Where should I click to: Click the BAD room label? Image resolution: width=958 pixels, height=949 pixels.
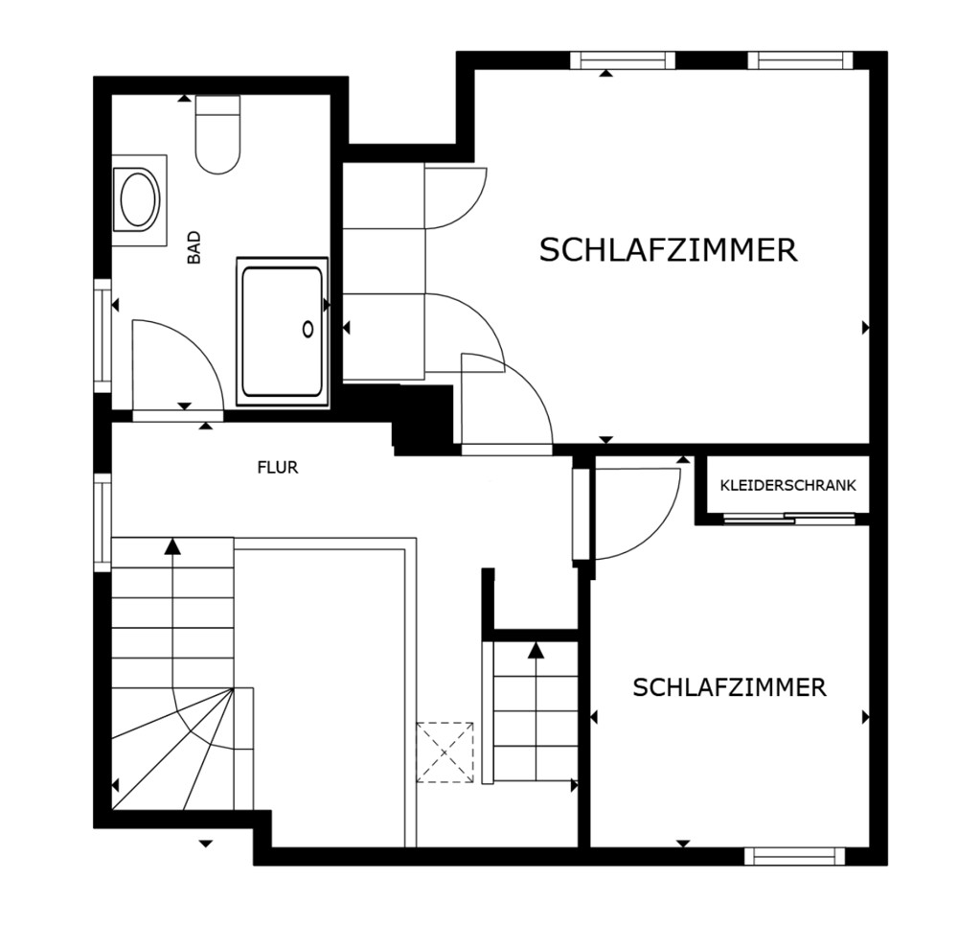click(194, 247)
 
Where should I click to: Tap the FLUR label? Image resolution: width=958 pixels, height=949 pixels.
click(278, 468)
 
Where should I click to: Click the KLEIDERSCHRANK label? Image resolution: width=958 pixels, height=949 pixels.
click(788, 485)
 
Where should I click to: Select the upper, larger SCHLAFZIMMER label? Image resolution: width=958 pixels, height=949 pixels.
click(669, 250)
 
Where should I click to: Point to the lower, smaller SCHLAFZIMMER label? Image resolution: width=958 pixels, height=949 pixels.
click(729, 688)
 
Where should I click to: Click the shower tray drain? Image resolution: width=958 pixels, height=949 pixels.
click(308, 330)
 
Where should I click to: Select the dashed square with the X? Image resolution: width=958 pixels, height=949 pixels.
click(445, 752)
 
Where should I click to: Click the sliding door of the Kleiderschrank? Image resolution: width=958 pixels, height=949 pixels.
click(788, 520)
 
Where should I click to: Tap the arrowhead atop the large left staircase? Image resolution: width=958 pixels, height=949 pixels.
click(173, 546)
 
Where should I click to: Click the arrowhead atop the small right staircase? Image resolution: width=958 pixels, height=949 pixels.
click(536, 651)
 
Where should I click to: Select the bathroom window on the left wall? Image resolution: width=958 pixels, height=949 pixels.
click(103, 336)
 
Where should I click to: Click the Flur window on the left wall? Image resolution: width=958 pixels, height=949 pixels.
click(103, 522)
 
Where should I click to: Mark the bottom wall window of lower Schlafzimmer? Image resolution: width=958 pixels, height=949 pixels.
click(794, 856)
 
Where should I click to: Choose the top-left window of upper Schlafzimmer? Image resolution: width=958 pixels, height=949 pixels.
click(623, 60)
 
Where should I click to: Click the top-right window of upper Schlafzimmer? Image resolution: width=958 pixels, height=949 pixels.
click(800, 60)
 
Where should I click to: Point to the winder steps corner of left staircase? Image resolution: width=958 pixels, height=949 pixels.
click(234, 688)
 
